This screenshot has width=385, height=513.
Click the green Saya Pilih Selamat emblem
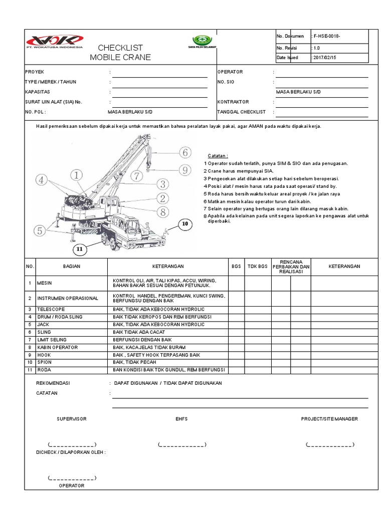(x=203, y=41)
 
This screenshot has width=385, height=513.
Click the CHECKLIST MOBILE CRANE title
(x=120, y=53)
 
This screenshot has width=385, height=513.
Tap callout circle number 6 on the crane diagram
(x=185, y=152)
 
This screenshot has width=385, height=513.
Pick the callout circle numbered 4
(x=43, y=179)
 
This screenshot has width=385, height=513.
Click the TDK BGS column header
(x=257, y=267)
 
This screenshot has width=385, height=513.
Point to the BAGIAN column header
(x=72, y=267)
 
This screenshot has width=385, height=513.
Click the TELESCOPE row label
(x=51, y=309)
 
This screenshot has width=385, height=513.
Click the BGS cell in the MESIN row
(x=236, y=283)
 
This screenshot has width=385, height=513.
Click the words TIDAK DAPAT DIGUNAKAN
(x=193, y=383)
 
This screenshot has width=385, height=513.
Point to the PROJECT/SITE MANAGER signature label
(x=329, y=419)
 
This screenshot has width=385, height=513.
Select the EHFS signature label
(x=181, y=419)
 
